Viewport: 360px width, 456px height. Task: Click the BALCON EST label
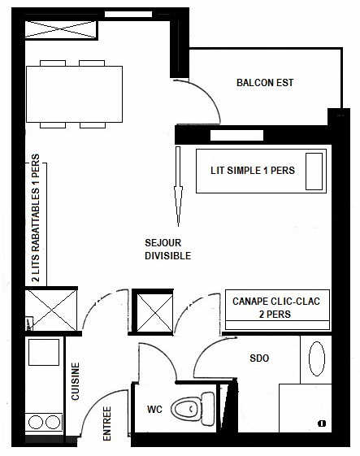point(265,83)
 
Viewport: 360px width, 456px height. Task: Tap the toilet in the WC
point(193,409)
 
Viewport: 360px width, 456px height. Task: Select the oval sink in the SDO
point(317,358)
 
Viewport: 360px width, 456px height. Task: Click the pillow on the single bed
point(314,172)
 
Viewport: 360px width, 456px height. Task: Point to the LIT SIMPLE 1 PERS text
point(253,171)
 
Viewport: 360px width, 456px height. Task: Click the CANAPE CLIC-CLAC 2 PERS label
point(276,308)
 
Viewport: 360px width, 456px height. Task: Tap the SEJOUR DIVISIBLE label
point(167,250)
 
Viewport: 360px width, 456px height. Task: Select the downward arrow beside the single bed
point(178,186)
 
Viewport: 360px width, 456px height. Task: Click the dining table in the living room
point(74,94)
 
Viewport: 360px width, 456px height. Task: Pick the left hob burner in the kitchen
point(36,422)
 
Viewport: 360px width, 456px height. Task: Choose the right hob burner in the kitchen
point(53,422)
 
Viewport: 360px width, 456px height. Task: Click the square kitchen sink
point(44,352)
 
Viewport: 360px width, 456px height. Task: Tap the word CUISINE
point(76,381)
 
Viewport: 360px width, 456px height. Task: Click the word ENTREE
point(107,423)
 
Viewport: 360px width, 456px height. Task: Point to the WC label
point(154,410)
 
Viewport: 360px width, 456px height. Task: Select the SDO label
point(259,358)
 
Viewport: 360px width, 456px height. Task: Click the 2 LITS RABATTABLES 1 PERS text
point(36,218)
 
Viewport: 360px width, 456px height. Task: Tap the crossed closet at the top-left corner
point(60,29)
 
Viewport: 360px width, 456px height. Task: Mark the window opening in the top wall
point(128,15)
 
